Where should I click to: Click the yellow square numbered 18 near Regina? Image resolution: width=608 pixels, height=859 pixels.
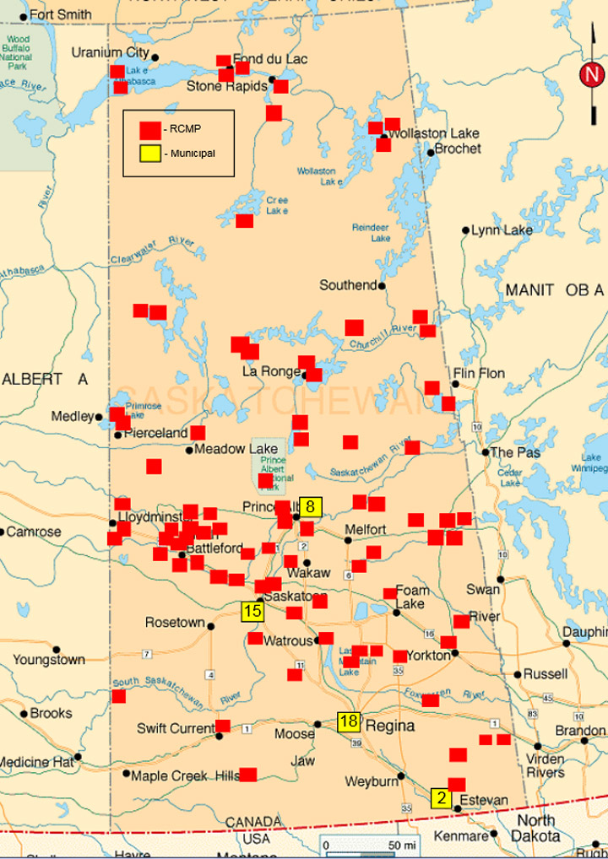point(349,721)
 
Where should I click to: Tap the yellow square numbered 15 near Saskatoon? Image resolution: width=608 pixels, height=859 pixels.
point(252,612)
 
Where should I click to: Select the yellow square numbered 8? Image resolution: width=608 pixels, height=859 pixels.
point(311,507)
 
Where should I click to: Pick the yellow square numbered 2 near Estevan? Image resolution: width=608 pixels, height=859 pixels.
point(441,797)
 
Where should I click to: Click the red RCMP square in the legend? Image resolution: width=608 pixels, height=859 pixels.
point(150,130)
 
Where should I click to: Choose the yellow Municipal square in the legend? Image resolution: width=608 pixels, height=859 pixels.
point(150,154)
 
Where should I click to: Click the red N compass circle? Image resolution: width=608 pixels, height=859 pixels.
point(591,74)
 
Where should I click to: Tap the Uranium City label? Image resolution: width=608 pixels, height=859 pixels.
point(110,52)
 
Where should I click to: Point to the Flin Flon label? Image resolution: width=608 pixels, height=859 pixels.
point(478,373)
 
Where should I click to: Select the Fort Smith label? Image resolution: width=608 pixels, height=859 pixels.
point(61,15)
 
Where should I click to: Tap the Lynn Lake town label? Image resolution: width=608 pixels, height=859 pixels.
point(502,230)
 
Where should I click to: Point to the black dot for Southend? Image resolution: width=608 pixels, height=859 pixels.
point(382,286)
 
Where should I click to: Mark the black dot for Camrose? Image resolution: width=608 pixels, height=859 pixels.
point(3,532)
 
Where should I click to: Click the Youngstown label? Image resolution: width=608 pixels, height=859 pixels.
point(49,660)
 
